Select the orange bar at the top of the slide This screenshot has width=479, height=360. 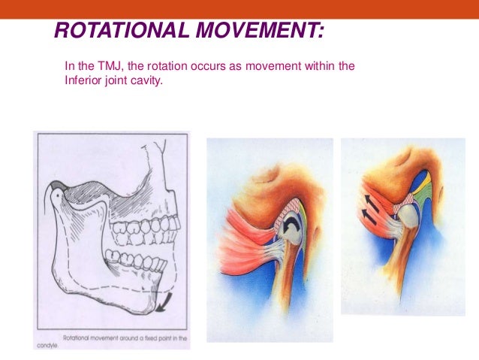[x=239, y=8]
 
